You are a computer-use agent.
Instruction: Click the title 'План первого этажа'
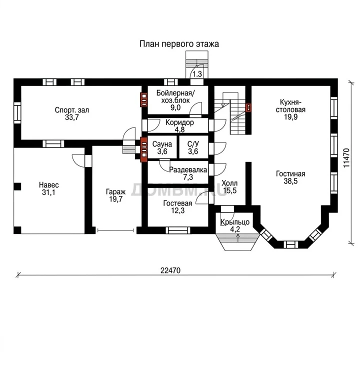click(x=179, y=44)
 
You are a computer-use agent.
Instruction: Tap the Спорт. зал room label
click(x=72, y=110)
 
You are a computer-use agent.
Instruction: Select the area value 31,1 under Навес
click(x=48, y=192)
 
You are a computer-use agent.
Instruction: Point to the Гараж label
click(x=115, y=192)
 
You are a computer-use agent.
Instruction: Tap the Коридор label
click(x=179, y=122)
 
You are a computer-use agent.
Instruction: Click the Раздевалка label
click(x=188, y=169)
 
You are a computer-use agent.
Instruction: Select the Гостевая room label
click(x=177, y=203)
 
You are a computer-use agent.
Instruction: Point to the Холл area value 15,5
click(x=229, y=190)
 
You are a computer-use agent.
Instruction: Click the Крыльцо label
click(x=235, y=221)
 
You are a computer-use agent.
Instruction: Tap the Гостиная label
click(x=290, y=174)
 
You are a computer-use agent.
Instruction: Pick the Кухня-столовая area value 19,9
click(x=290, y=117)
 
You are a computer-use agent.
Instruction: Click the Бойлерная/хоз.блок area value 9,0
click(x=175, y=108)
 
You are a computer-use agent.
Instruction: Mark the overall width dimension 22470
click(x=170, y=270)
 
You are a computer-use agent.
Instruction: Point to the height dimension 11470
click(x=346, y=157)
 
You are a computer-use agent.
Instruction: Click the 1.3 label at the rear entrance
click(x=197, y=73)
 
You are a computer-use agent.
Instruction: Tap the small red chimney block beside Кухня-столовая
click(x=248, y=107)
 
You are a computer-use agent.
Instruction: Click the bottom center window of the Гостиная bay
click(x=290, y=244)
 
